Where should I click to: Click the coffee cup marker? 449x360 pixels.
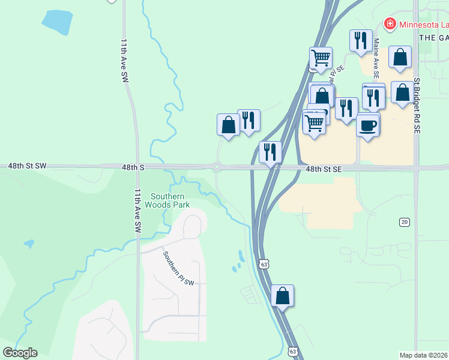point(368,125)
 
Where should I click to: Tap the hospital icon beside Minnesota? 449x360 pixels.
point(390,24)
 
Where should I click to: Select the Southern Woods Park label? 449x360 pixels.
point(170,200)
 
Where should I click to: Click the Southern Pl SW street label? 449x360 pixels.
point(178,268)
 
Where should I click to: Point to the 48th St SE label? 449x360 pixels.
point(323,170)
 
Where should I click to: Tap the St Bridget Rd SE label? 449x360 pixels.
point(416,104)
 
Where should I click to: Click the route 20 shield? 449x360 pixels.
point(404,222)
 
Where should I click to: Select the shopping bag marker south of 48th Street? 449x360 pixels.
point(282,296)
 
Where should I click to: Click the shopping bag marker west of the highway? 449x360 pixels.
point(228,125)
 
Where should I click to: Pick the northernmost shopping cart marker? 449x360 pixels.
point(321,58)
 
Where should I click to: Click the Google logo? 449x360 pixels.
point(20,353)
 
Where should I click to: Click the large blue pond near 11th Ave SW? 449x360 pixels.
point(58,23)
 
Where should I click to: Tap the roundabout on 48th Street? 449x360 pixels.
point(217,167)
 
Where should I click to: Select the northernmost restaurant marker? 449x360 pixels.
point(361,40)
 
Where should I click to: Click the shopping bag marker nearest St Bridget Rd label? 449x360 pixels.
point(402,92)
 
